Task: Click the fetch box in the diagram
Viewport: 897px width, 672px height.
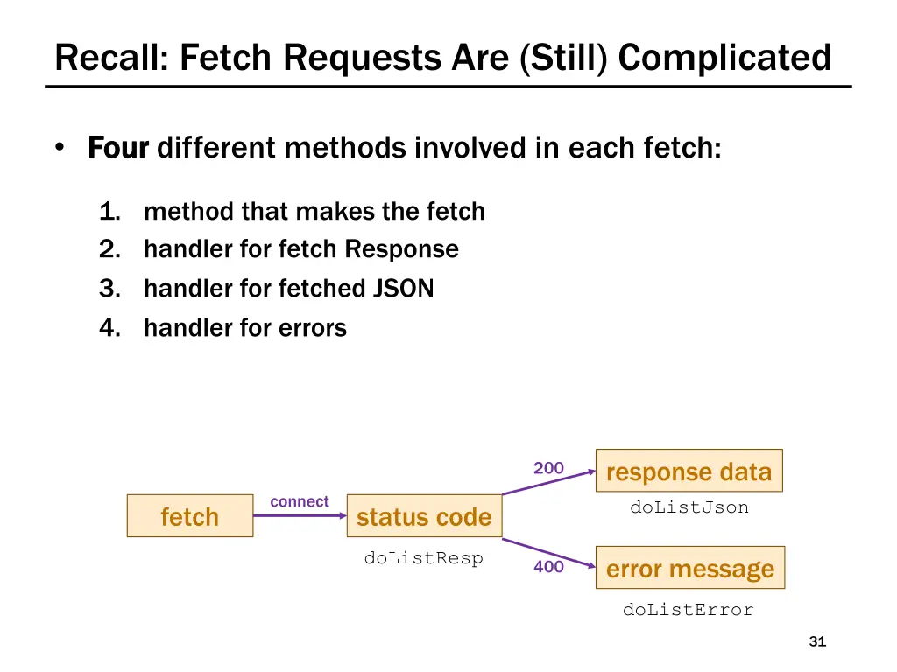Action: click(190, 516)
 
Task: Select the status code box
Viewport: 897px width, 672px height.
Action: click(424, 516)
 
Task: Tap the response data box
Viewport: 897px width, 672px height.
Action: click(689, 472)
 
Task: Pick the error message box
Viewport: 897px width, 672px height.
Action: click(690, 569)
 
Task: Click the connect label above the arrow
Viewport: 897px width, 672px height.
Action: click(300, 501)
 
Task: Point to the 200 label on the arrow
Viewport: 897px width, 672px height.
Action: click(548, 468)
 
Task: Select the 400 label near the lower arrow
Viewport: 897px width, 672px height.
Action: click(548, 567)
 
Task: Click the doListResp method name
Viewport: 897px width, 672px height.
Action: click(424, 558)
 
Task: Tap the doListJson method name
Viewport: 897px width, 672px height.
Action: click(689, 507)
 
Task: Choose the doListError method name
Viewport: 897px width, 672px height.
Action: click(688, 610)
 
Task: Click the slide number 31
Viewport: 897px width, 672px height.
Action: click(817, 642)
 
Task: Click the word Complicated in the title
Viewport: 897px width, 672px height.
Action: click(724, 58)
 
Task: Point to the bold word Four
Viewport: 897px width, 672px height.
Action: click(119, 148)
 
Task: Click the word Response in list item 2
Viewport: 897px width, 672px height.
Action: click(401, 249)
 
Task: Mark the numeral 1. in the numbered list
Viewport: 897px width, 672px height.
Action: click(109, 211)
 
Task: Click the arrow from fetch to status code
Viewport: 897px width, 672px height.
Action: click(300, 516)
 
